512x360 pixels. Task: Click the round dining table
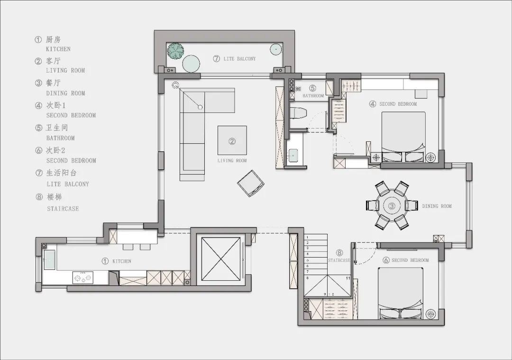coord(392,206)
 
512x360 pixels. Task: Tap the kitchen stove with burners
coord(82,277)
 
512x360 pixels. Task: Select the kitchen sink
coord(50,260)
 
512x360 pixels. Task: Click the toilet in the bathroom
coord(298,113)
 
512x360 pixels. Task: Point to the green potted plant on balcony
coord(176,51)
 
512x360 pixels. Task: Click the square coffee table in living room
coord(232,140)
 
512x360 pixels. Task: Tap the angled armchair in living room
coord(250,184)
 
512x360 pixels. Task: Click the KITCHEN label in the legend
coord(58,49)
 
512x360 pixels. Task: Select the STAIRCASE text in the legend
coord(63,209)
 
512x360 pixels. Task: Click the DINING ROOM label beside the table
coord(437,206)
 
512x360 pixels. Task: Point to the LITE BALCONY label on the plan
coord(240,59)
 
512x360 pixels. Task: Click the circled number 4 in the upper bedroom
coord(373,104)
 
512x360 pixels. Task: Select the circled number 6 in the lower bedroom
coord(386,260)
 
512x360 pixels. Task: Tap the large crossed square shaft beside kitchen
coord(221,258)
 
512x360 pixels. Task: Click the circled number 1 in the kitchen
coord(105,261)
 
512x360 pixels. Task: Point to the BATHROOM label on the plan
coord(313,96)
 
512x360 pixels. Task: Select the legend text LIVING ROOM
coord(65,71)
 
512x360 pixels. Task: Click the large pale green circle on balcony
coord(191,64)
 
